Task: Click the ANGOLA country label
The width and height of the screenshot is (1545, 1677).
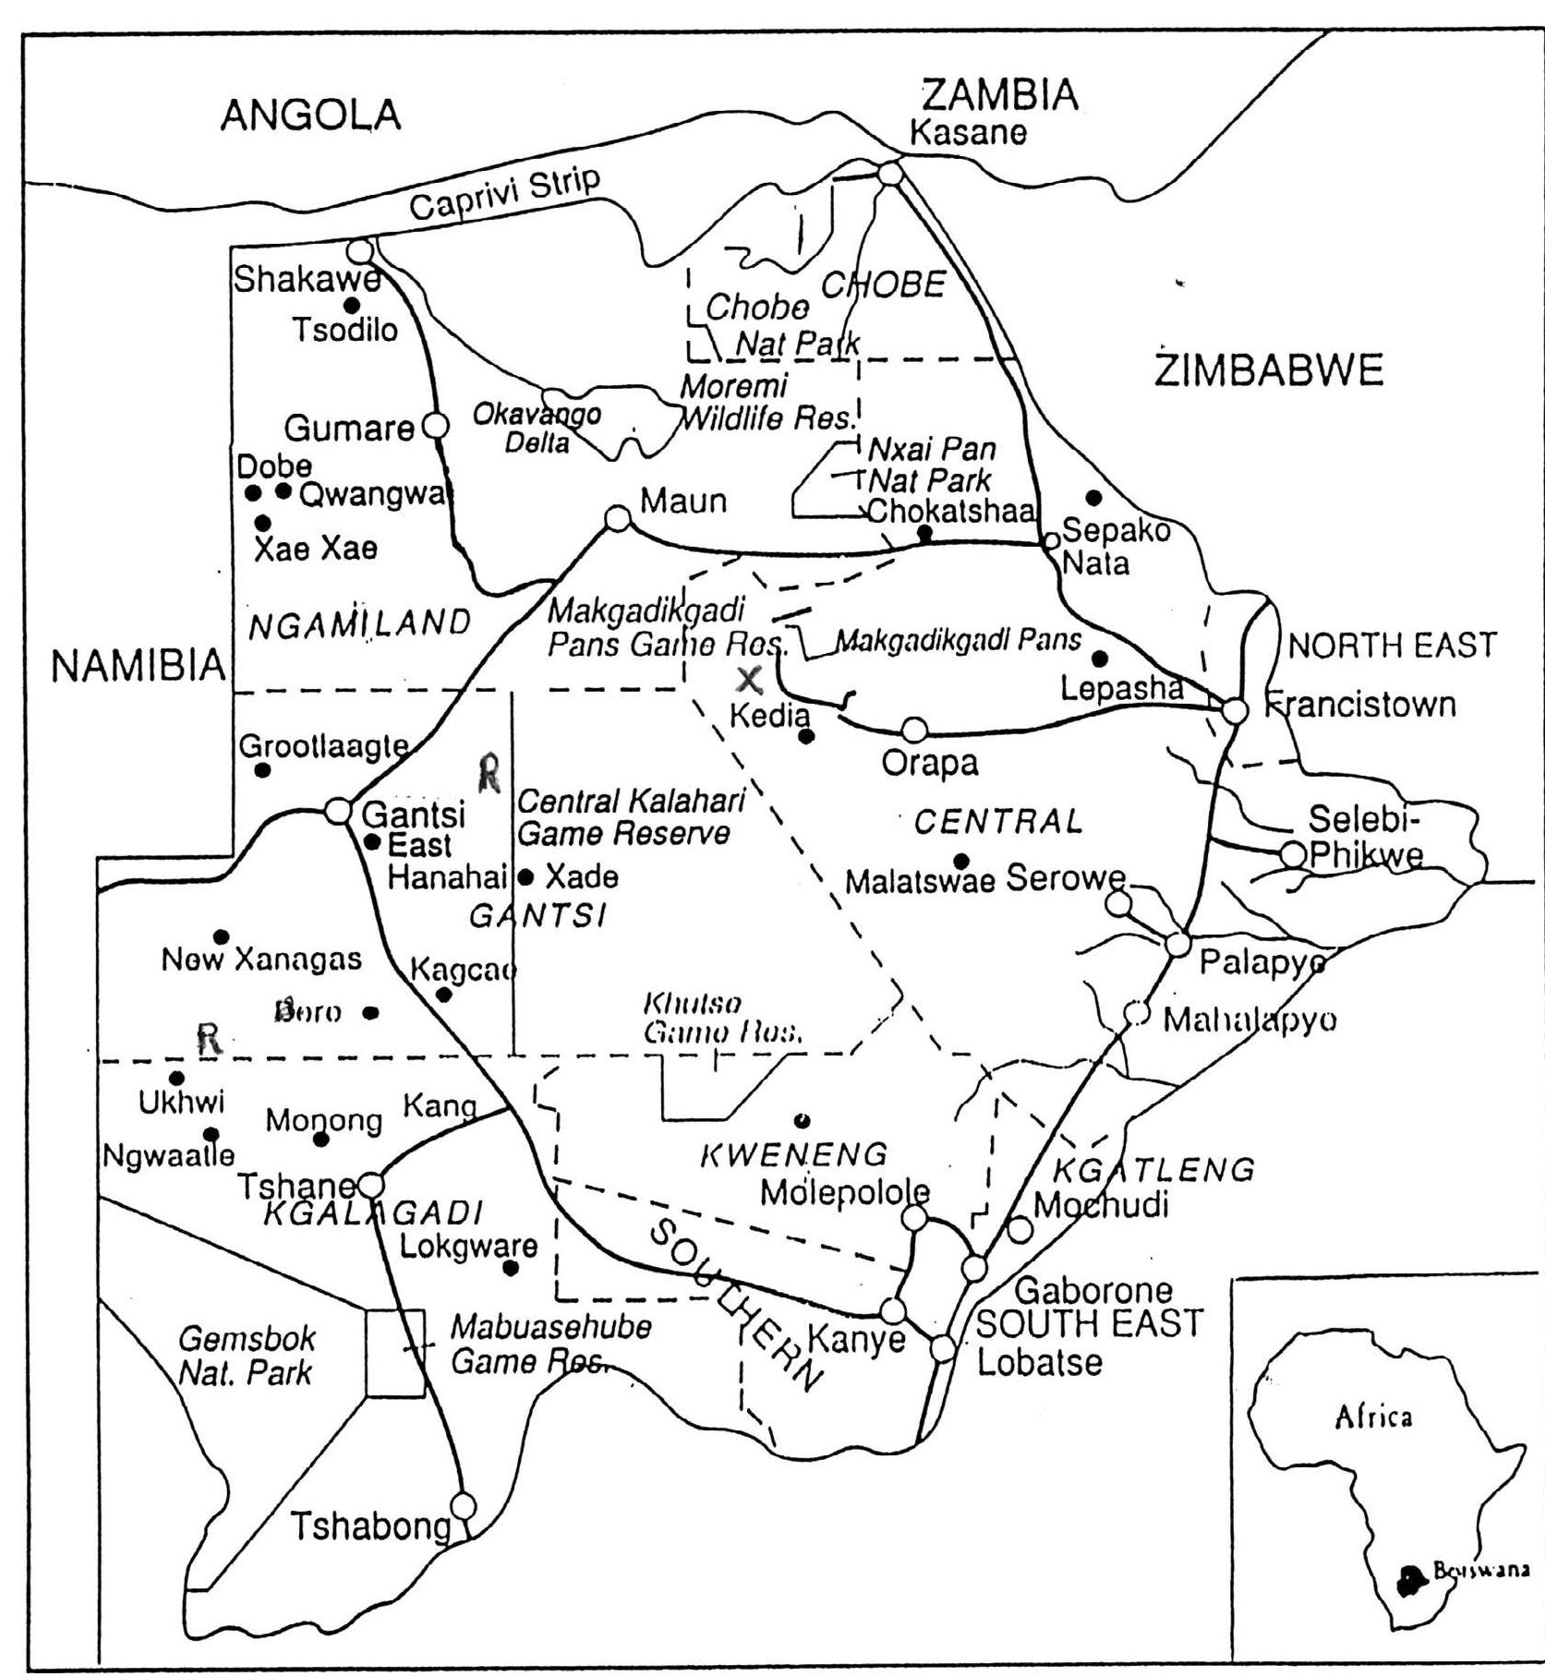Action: (x=310, y=115)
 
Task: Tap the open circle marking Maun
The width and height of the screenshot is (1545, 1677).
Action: (x=618, y=519)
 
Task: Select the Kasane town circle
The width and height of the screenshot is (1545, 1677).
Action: (x=889, y=174)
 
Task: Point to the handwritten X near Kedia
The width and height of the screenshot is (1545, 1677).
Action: (x=750, y=681)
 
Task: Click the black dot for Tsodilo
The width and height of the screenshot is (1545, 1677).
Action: (x=350, y=305)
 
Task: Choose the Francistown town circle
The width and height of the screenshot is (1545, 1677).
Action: (x=1235, y=711)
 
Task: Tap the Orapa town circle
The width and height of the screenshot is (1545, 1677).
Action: (x=914, y=730)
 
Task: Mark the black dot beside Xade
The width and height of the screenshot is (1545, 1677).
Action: (x=526, y=876)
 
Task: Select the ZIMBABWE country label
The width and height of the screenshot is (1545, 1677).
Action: (x=1269, y=370)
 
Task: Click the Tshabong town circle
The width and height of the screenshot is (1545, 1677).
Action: (x=463, y=1506)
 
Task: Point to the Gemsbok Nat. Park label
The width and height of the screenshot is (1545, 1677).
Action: (x=246, y=1356)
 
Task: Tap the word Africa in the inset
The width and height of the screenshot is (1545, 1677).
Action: (x=1373, y=1417)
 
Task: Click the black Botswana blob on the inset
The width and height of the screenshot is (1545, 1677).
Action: (x=1408, y=1582)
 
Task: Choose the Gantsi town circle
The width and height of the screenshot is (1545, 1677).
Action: (x=339, y=811)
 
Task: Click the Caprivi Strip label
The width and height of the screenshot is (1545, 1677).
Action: (x=504, y=193)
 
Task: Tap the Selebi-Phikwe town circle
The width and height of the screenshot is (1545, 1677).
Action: (x=1293, y=854)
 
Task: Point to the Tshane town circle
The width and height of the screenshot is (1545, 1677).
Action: (x=371, y=1184)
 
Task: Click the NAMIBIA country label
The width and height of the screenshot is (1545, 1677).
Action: (x=139, y=666)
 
